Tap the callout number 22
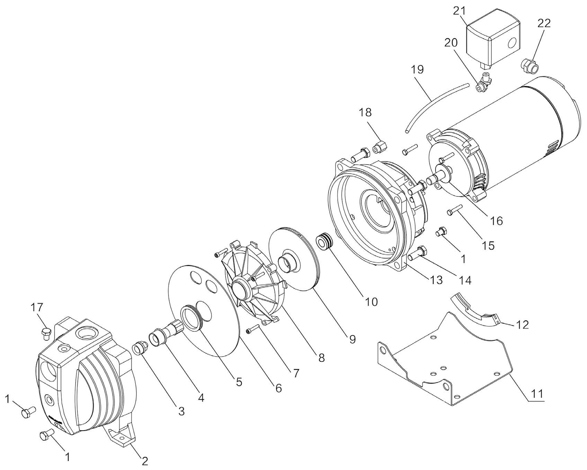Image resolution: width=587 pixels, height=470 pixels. tap(544, 24)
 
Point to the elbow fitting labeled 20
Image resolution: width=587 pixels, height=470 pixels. tap(483, 84)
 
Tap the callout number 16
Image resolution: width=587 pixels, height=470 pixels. tap(497, 221)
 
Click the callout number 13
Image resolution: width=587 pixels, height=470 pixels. tap(436, 280)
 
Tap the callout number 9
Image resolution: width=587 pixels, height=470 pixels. tap(352, 339)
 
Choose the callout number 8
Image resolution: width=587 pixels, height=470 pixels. tap(321, 358)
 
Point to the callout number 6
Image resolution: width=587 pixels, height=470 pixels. tap(278, 388)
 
